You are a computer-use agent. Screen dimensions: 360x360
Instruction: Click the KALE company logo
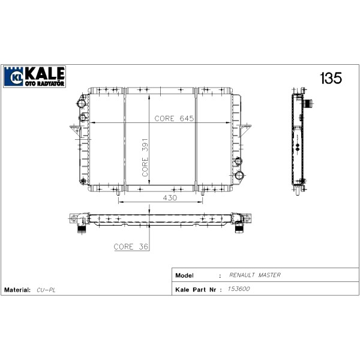tap(34, 76)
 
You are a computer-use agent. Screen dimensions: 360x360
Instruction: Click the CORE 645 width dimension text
tap(174, 118)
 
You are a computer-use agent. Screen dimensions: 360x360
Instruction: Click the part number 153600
tap(240, 289)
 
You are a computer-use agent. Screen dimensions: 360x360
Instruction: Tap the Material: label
tap(17, 290)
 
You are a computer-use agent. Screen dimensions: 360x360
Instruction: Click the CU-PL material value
tap(45, 290)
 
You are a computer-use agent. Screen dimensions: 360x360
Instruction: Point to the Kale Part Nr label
tap(195, 289)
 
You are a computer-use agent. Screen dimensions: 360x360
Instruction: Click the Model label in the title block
tap(184, 275)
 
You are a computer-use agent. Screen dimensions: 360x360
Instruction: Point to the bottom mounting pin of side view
tap(298, 190)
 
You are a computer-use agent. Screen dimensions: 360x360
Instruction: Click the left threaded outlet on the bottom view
tap(80, 228)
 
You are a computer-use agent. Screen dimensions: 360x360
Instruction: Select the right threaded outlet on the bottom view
tap(239, 228)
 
